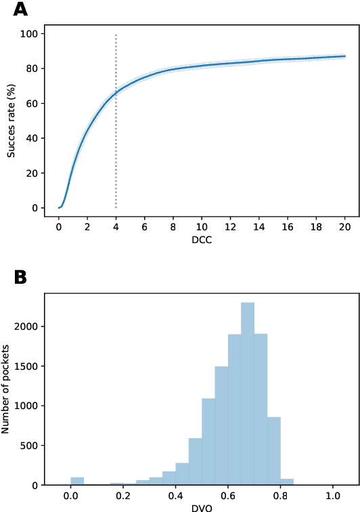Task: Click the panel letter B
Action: pyautogui.click(x=21, y=278)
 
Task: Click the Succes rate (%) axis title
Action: pyautogui.click(x=12, y=121)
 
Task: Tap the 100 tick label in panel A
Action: pyautogui.click(x=30, y=34)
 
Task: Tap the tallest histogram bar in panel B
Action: pyautogui.click(x=248, y=393)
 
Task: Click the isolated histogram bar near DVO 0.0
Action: pyautogui.click(x=77, y=482)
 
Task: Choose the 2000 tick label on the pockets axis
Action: pyautogui.click(x=28, y=326)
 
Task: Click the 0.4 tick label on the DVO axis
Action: pyautogui.click(x=176, y=496)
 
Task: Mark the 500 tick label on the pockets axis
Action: pyautogui.click(x=31, y=446)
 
